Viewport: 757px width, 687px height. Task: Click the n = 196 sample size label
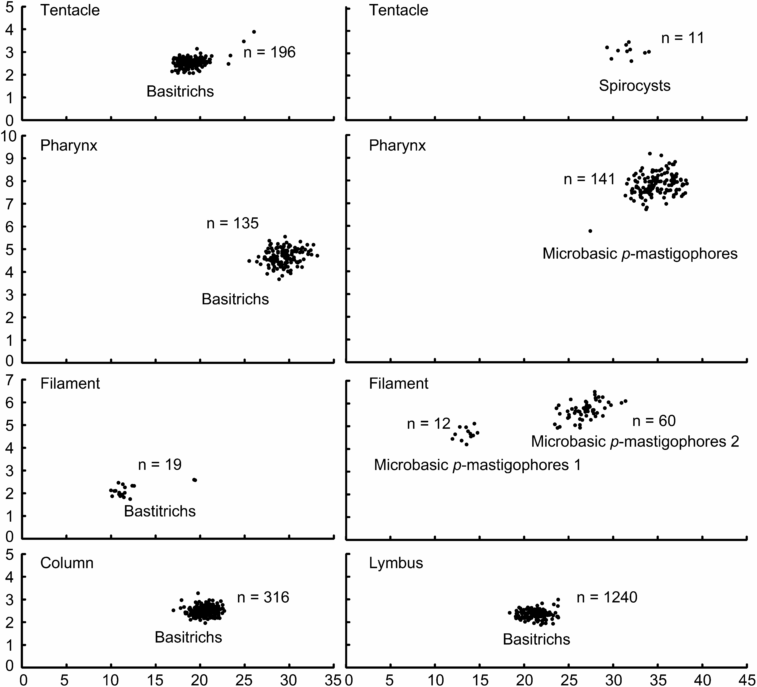tap(269, 52)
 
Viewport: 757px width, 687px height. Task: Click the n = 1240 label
tap(607, 597)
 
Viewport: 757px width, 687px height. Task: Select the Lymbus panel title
tap(396, 563)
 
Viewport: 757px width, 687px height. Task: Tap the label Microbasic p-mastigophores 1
tap(477, 465)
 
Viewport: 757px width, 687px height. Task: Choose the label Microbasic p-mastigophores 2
tap(635, 441)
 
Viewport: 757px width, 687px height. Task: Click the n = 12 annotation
tap(428, 424)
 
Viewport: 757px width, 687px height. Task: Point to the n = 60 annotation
tap(654, 421)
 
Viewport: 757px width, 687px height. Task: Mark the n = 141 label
tap(589, 179)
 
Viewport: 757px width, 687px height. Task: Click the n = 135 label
tap(232, 223)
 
